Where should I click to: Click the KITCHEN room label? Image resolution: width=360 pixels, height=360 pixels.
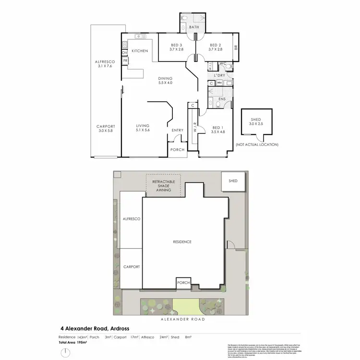click(x=140, y=51)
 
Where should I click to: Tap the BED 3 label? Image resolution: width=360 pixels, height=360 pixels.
click(x=176, y=47)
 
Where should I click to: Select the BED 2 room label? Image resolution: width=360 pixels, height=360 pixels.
click(x=215, y=47)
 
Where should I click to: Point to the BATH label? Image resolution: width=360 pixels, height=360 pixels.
click(x=194, y=27)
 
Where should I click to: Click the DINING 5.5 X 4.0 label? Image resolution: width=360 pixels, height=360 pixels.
click(x=165, y=81)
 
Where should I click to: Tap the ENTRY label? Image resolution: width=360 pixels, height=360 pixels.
click(x=177, y=130)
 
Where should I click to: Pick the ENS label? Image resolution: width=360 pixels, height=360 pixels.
click(x=222, y=99)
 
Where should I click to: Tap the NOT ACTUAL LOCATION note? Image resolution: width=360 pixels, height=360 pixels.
click(x=257, y=145)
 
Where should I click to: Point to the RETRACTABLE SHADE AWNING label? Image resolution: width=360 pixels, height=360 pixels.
click(x=163, y=185)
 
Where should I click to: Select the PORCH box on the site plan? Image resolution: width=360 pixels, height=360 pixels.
click(x=183, y=283)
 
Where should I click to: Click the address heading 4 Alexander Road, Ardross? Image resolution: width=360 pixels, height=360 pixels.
click(x=95, y=329)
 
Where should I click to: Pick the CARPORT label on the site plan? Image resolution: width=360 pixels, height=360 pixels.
click(x=131, y=266)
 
